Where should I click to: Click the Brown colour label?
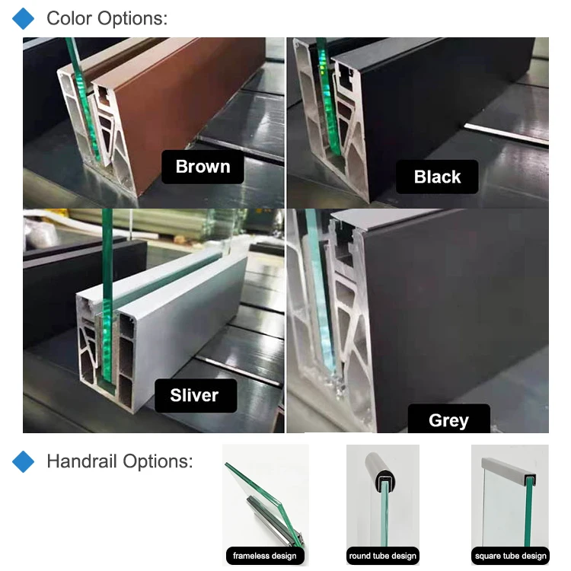click(x=203, y=167)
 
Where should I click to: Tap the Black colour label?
click(x=437, y=177)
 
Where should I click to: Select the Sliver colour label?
click(x=194, y=395)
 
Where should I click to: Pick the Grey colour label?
click(x=448, y=420)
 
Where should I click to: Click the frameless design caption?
click(x=266, y=556)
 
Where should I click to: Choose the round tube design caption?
click(x=383, y=556)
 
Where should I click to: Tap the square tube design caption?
click(x=510, y=556)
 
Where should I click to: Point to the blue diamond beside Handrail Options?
click(x=25, y=461)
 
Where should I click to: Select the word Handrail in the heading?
click(x=83, y=461)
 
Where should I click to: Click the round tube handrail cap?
click(x=382, y=473)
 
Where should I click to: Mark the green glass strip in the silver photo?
click(x=107, y=305)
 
